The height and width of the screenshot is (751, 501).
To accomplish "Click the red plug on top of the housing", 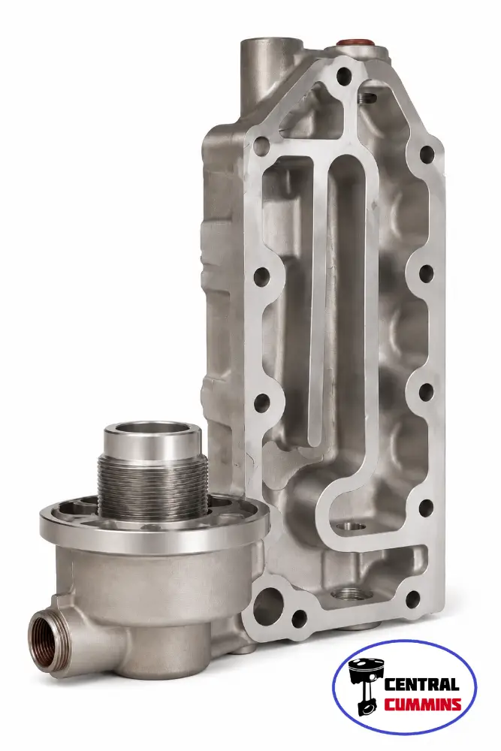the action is tap(355, 43).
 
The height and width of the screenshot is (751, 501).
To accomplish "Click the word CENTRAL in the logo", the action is tap(422, 684).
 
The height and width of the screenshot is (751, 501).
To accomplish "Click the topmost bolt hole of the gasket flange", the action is tap(344, 74).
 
